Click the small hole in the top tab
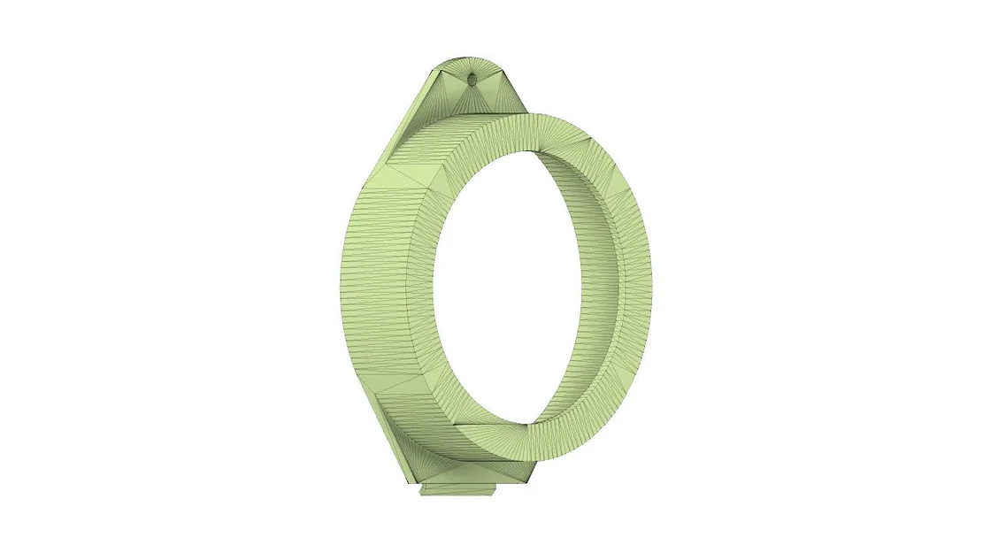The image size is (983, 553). click(471, 80)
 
